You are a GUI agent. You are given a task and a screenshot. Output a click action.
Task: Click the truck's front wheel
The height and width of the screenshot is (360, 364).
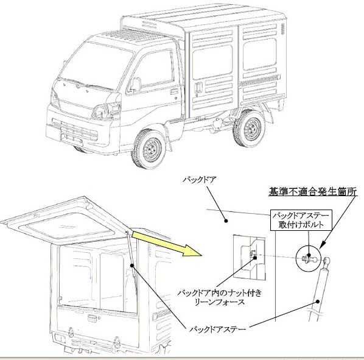pyautogui.click(x=149, y=149)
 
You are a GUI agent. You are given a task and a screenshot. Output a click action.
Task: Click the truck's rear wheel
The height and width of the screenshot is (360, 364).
pyautogui.click(x=249, y=128)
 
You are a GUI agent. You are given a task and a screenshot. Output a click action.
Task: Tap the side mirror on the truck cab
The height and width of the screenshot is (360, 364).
pyautogui.click(x=135, y=84)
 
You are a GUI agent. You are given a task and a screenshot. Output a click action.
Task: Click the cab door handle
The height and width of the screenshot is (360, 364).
pyautogui.click(x=174, y=91)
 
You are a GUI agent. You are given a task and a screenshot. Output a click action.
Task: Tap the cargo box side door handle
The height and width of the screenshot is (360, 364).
pyautogui.click(x=198, y=87)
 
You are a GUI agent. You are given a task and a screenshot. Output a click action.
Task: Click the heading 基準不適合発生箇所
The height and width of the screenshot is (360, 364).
pyautogui.click(x=313, y=192)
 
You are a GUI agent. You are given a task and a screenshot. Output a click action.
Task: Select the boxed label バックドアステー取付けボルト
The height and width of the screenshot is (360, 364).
pyautogui.click(x=301, y=220)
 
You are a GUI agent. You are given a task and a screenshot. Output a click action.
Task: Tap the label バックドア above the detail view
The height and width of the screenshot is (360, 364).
pyautogui.click(x=200, y=180)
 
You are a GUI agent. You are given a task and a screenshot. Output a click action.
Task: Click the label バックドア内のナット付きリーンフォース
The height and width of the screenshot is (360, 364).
pyautogui.click(x=219, y=297)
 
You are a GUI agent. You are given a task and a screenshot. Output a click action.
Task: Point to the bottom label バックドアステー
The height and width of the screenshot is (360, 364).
pyautogui.click(x=217, y=330)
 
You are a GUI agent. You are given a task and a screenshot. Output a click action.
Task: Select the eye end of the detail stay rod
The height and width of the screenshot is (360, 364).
pyautogui.click(x=327, y=260)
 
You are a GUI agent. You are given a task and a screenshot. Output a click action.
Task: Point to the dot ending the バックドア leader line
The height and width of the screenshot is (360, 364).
pyautogui.click(x=226, y=221)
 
